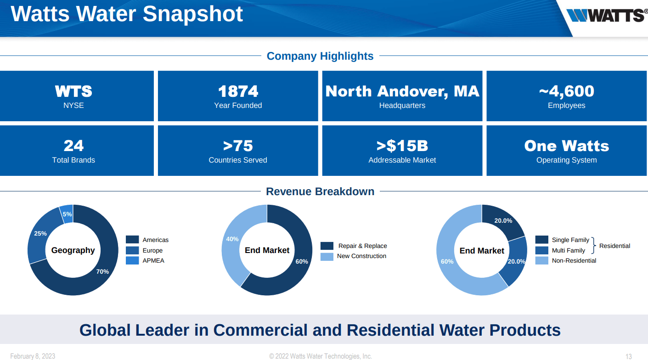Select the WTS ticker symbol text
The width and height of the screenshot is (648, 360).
point(73,91)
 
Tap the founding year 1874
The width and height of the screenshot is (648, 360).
point(238,91)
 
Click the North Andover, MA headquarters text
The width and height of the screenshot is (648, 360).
point(402,91)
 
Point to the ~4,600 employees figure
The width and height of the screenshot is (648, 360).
point(566,91)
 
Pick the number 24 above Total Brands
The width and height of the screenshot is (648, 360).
point(73,146)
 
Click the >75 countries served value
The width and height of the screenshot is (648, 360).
point(238,146)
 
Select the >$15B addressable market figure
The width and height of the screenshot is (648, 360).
point(402,146)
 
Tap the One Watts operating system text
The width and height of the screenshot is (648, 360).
point(566,146)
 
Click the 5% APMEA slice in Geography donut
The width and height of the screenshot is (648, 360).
point(67,214)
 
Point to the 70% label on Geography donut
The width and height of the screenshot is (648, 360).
point(102,271)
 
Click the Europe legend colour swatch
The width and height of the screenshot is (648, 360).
point(132,250)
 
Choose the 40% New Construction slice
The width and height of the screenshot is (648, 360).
point(232,239)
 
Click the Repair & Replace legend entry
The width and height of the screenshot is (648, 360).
point(362,246)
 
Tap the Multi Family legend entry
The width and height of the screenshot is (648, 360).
point(568,250)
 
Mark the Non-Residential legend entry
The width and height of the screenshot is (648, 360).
point(574,260)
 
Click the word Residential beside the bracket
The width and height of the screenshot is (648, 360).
point(614,246)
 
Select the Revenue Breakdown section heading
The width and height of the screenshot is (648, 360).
point(320,191)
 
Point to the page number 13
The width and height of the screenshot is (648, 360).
point(629,356)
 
